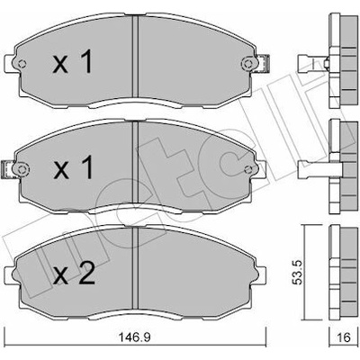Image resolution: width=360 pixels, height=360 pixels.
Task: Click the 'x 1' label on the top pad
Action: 72,62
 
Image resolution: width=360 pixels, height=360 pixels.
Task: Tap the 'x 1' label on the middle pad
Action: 73,168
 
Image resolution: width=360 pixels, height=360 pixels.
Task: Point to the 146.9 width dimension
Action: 134,337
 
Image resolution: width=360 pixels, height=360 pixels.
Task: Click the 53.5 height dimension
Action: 299,272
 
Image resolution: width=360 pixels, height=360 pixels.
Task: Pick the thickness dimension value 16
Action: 344,337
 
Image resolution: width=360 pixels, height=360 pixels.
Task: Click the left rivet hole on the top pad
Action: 22,64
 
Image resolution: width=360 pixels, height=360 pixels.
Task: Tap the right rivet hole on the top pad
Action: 247,64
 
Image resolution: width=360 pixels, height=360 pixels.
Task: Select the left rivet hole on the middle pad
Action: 22,169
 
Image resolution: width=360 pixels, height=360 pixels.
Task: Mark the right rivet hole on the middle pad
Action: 247,169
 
